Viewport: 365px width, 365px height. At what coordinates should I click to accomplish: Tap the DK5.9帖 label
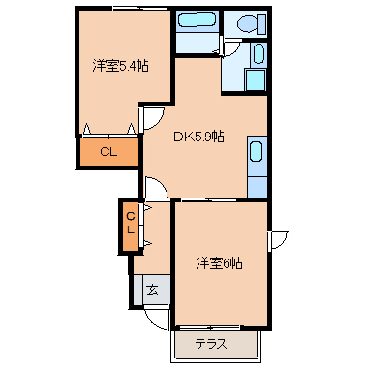199,137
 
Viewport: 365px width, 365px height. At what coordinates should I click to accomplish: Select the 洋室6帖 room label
219,262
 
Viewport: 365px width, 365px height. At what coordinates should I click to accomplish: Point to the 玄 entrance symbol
153,289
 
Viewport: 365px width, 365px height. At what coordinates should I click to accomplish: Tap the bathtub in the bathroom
198,20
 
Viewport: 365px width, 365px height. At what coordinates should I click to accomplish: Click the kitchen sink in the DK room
256,152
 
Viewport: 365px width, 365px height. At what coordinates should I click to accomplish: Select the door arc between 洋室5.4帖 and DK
152,118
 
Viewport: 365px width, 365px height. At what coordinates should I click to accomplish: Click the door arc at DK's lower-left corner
155,188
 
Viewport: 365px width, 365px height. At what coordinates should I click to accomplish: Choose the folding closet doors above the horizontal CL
109,129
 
